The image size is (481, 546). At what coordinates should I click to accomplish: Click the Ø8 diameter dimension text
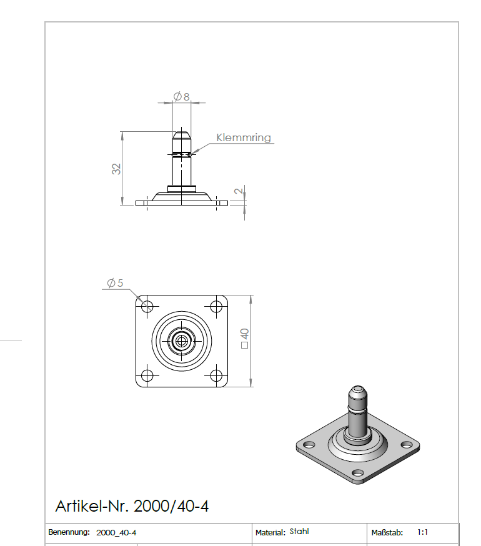pyautogui.click(x=182, y=97)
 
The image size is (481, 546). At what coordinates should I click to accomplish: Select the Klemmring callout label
pyautogui.click(x=244, y=137)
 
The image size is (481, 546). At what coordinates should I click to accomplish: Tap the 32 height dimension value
pyautogui.click(x=116, y=168)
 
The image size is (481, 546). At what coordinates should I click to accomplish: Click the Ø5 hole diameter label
pyautogui.click(x=115, y=283)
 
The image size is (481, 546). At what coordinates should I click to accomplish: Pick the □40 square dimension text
pyautogui.click(x=244, y=338)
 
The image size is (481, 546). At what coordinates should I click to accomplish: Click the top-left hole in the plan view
pyautogui.click(x=147, y=307)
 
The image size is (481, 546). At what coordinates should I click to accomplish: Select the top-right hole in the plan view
pyautogui.click(x=217, y=307)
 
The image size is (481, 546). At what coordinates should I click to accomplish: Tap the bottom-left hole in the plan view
pyautogui.click(x=147, y=376)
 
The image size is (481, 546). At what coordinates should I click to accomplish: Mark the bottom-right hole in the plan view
pyautogui.click(x=217, y=376)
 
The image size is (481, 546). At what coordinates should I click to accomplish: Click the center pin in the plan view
pyautogui.click(x=182, y=341)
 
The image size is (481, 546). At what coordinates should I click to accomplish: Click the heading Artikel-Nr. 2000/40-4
pyautogui.click(x=132, y=506)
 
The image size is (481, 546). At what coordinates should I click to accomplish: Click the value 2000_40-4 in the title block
pyautogui.click(x=116, y=533)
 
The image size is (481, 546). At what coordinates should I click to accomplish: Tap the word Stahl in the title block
pyautogui.click(x=299, y=532)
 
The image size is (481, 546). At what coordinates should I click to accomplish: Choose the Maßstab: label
pyautogui.click(x=387, y=533)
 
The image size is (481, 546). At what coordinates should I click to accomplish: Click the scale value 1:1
pyautogui.click(x=422, y=533)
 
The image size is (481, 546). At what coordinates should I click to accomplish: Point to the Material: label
pyautogui.click(x=270, y=533)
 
